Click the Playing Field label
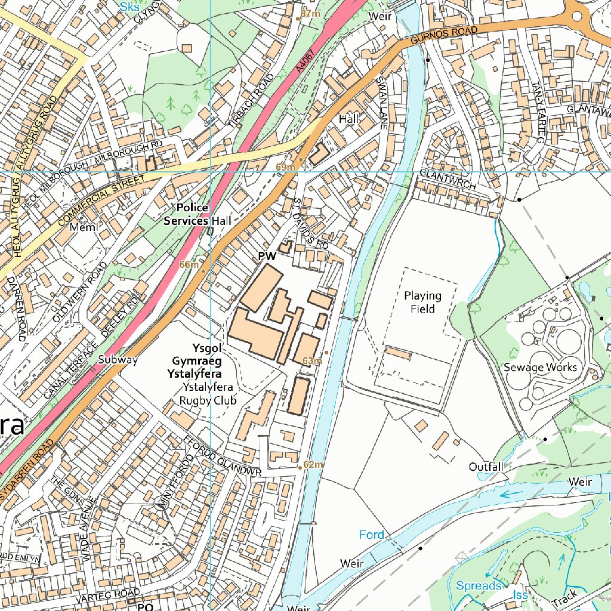pos(422,303)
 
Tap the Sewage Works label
pos(540,367)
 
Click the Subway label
pos(118,360)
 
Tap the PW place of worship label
pos(267,257)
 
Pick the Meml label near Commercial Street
pos(83,227)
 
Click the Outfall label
pos(485,467)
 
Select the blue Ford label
pos(371,535)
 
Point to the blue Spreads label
pos(478,586)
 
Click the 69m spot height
pos(286,166)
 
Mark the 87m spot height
pos(310,13)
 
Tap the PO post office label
pos(145,606)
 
